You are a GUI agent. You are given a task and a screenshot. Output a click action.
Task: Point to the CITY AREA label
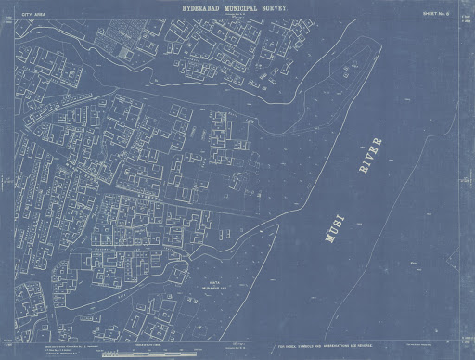pos(32,14)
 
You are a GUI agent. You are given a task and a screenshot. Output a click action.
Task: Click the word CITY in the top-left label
pos(25,14)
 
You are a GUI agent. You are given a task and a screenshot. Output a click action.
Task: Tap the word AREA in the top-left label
pos(38,14)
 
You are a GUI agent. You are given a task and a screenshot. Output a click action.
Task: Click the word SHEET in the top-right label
pos(430,13)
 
